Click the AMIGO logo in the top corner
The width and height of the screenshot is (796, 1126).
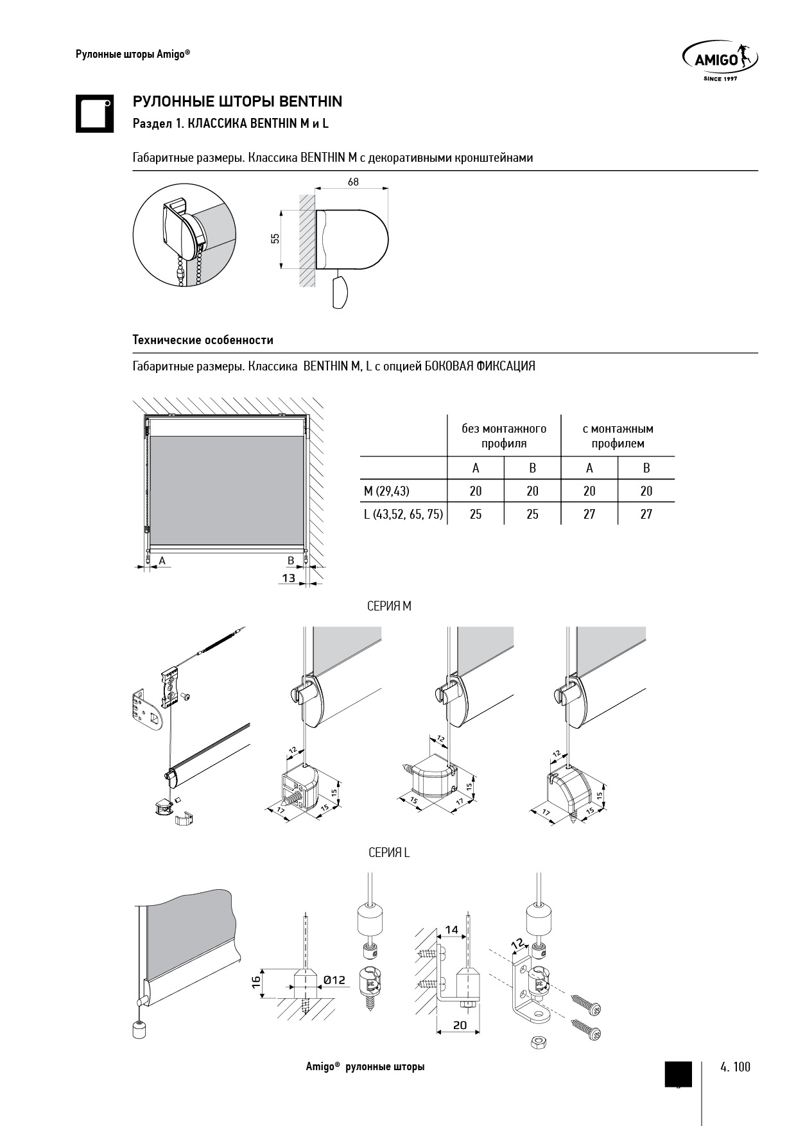click(x=720, y=60)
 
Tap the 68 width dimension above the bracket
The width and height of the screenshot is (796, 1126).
click(x=353, y=182)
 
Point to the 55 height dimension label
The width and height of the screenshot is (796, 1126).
click(x=275, y=238)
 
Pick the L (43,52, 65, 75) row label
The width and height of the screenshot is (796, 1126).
click(x=403, y=514)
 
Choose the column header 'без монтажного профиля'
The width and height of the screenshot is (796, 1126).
click(x=504, y=436)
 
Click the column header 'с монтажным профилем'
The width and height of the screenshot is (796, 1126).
click(x=618, y=436)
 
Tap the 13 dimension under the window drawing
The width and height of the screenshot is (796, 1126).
click(x=289, y=578)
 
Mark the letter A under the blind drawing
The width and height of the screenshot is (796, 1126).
click(x=162, y=560)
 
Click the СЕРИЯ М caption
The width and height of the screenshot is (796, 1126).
click(x=389, y=606)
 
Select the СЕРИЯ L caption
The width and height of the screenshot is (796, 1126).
click(x=389, y=853)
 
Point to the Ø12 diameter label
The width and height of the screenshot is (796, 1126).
click(x=335, y=980)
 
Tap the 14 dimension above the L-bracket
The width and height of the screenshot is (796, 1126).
click(x=452, y=929)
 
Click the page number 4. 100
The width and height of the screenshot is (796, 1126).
click(x=735, y=1067)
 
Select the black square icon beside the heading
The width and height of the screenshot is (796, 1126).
click(x=94, y=114)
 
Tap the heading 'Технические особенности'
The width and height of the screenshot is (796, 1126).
click(x=203, y=340)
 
